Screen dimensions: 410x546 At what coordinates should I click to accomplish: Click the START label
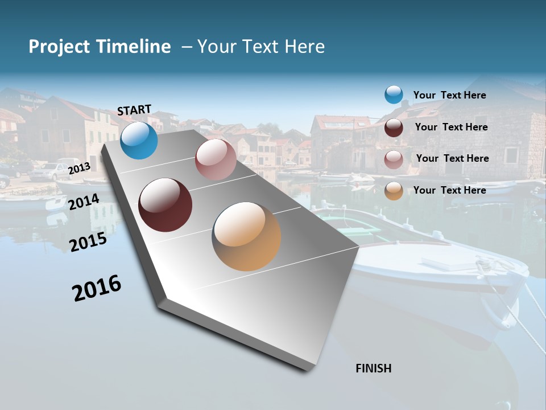click(134, 110)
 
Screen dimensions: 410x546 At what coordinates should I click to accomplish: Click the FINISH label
click(373, 368)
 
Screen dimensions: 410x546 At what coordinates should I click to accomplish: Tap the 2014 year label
click(84, 202)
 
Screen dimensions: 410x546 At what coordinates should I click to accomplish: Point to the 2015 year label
click(88, 242)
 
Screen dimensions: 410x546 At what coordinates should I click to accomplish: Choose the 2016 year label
click(97, 288)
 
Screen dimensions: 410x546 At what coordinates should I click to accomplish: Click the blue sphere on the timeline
click(139, 141)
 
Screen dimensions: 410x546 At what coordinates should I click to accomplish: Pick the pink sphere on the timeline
click(216, 159)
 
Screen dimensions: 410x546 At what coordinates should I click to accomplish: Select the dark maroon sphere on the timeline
click(165, 205)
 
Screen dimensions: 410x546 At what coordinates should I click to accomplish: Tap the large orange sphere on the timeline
click(246, 236)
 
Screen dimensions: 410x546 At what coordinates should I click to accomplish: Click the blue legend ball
click(394, 95)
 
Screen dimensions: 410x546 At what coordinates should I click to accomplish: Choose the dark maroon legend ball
click(394, 128)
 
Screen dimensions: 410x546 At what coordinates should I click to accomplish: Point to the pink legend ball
click(394, 159)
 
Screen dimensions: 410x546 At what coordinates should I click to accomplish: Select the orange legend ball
click(394, 191)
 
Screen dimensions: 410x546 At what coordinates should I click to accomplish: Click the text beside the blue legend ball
click(449, 95)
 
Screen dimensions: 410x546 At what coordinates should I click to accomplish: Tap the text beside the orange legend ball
click(449, 190)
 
